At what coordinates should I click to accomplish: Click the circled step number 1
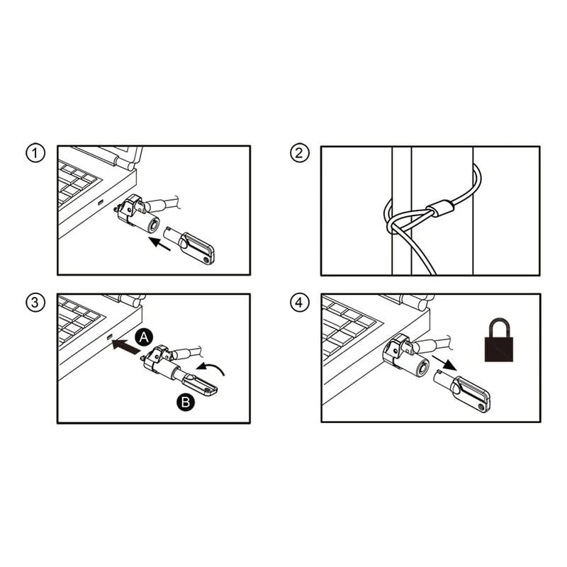coord(35,153)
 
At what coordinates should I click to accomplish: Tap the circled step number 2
coord(299,153)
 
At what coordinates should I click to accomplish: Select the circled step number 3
coord(35,303)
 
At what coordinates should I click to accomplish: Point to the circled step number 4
coord(299,303)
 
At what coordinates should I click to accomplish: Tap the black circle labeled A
coord(144,338)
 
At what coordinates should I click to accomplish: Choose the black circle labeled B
coord(186,402)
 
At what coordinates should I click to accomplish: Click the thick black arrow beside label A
coord(125,345)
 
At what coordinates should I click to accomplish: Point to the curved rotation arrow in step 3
coord(210,369)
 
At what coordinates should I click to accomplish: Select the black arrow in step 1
coord(159,243)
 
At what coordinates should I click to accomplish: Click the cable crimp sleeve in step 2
coord(439,208)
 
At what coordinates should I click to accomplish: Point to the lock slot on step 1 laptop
coord(101,202)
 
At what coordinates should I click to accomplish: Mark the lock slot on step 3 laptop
coord(110,337)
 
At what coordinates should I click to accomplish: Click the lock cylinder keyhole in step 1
coord(155,225)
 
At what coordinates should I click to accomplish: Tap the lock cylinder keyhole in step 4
coord(422,369)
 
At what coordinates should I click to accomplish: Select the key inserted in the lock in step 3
coord(196,383)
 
